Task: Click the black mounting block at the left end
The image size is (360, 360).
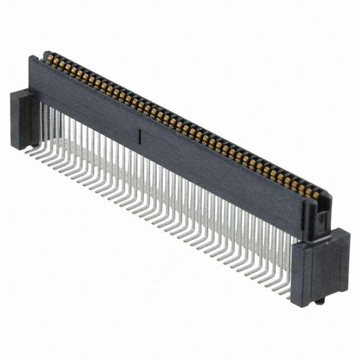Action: tap(22, 121)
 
